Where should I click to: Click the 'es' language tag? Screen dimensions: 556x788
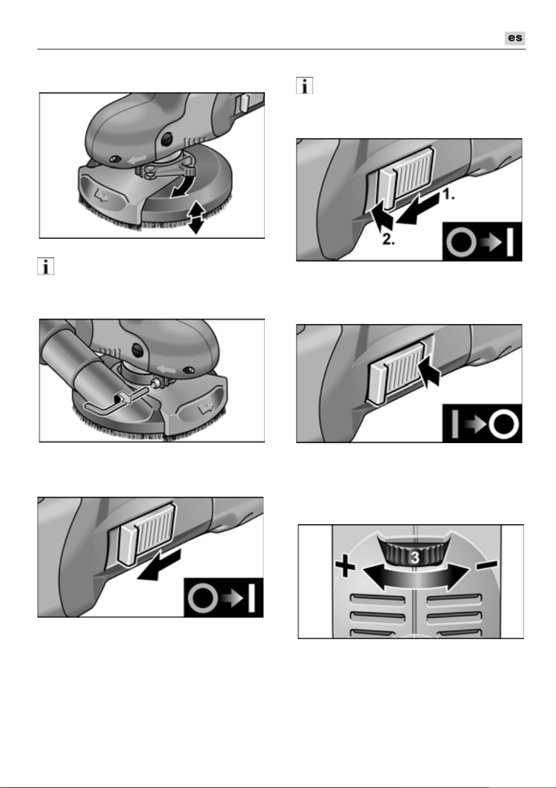[x=514, y=38]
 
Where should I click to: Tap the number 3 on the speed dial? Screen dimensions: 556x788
[x=415, y=557]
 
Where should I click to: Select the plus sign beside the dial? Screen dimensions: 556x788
[x=345, y=566]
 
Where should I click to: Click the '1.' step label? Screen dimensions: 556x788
[x=448, y=194]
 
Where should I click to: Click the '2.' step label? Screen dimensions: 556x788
[x=388, y=239]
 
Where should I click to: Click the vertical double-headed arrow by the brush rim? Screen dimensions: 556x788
[x=196, y=217]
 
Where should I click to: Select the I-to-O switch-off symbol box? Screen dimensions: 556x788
[x=482, y=423]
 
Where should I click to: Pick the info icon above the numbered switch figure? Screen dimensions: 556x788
[x=305, y=86]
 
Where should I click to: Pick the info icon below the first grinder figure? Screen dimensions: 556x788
[x=46, y=266]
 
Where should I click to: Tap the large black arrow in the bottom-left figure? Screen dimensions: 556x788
[x=159, y=565]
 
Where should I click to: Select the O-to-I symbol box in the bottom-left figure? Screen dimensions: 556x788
[x=223, y=597]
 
